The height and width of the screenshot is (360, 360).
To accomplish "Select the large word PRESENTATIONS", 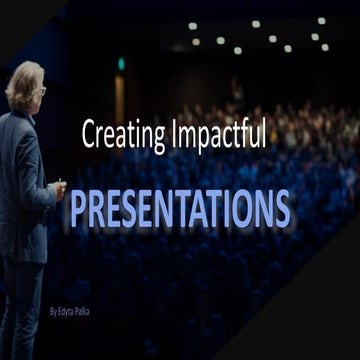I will pyautogui.click(x=180, y=208).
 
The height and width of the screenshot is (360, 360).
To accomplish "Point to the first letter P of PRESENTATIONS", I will pyautogui.click(x=79, y=208).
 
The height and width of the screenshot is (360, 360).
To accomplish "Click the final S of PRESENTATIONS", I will pyautogui.click(x=281, y=208).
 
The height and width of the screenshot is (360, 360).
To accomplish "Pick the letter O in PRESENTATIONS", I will pyautogui.click(x=240, y=208).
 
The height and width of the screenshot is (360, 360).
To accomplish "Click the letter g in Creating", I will pyautogui.click(x=149, y=138).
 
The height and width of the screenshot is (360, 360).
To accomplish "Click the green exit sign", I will pyautogui.click(x=122, y=62).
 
